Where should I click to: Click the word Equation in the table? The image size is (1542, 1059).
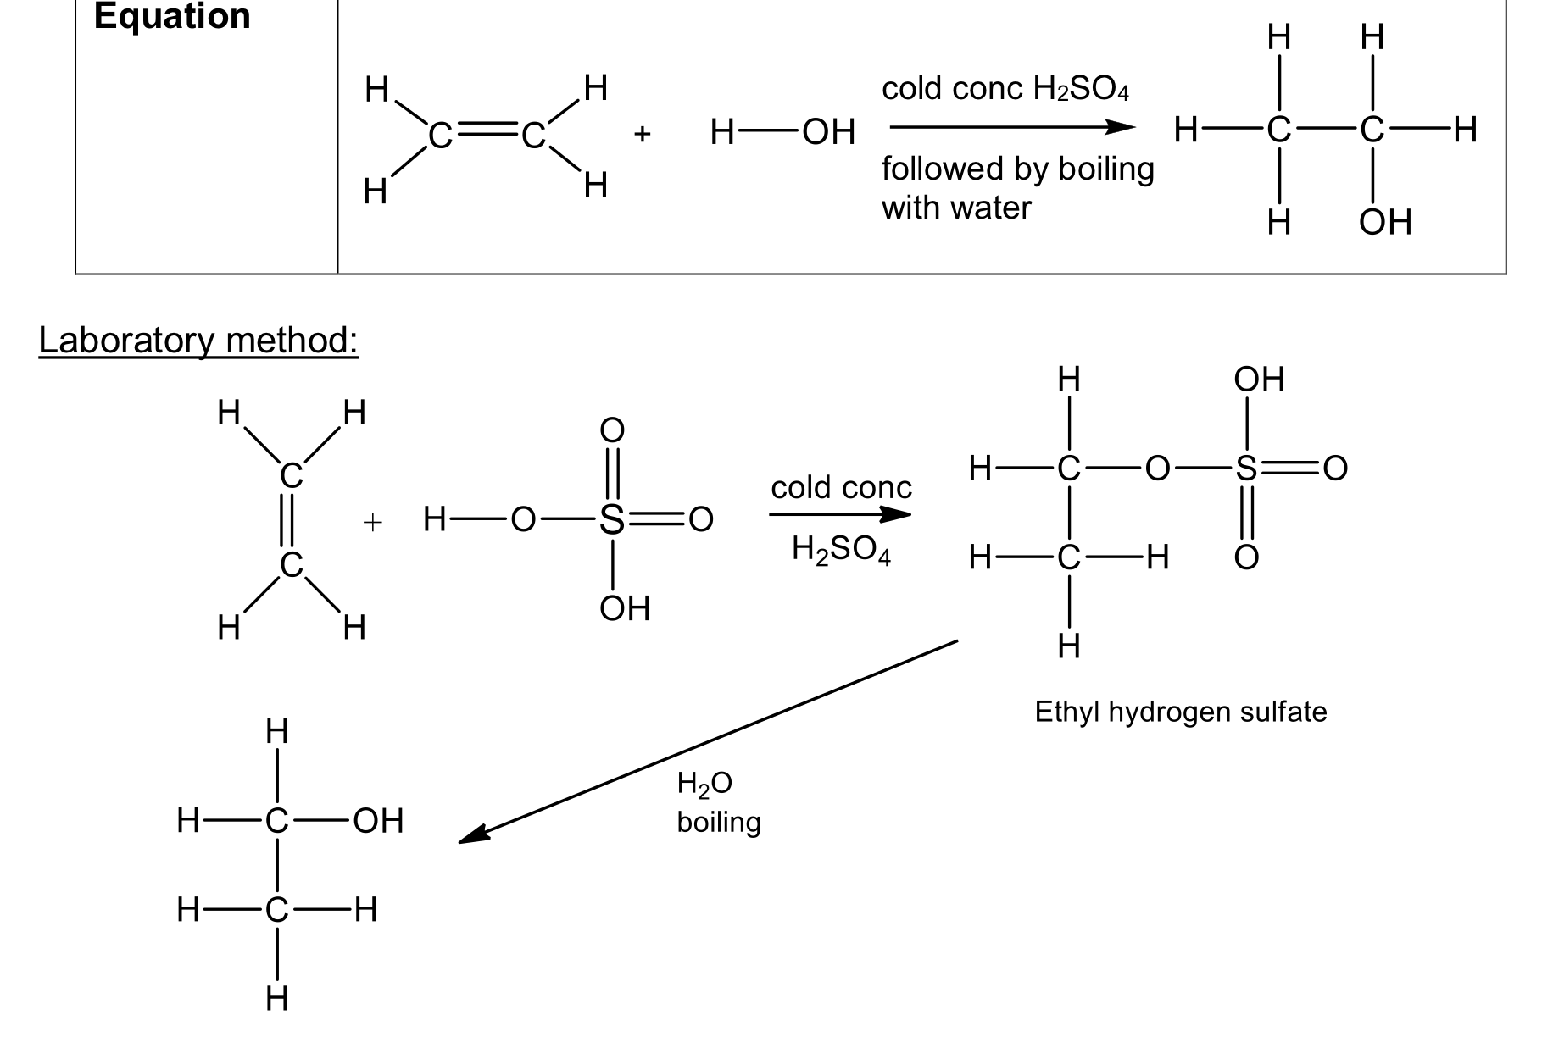click(x=172, y=16)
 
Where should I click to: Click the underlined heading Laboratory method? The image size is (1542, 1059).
click(x=198, y=341)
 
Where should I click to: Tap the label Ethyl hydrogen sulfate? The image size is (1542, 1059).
click(x=1180, y=712)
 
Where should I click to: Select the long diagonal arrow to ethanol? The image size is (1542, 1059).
click(x=708, y=741)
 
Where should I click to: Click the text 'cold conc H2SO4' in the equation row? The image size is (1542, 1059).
click(x=1005, y=89)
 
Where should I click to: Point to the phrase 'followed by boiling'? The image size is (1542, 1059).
click(x=1017, y=169)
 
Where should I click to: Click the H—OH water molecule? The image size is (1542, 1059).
click(x=782, y=132)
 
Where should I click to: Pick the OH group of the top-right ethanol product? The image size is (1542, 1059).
click(x=1385, y=222)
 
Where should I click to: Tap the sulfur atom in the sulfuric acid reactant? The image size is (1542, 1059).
click(x=611, y=520)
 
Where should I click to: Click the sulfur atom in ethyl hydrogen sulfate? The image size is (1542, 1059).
click(x=1245, y=469)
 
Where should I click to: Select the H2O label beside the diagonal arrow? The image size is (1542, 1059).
click(x=704, y=784)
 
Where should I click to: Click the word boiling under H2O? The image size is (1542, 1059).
click(x=718, y=823)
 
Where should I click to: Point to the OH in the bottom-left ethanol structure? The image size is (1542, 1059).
click(x=378, y=821)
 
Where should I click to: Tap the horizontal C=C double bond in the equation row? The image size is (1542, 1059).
click(x=486, y=134)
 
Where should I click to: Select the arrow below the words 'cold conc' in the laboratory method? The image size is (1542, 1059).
click(x=840, y=514)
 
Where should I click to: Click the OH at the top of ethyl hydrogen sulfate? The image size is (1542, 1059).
click(x=1259, y=380)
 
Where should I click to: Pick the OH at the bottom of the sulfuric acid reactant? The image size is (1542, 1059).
click(x=625, y=608)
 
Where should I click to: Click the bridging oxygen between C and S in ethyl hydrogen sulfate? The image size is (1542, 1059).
click(x=1157, y=469)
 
